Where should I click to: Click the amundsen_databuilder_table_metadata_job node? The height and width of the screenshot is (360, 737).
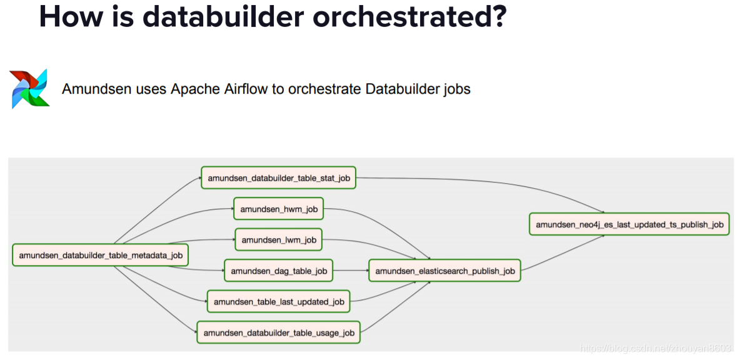100,255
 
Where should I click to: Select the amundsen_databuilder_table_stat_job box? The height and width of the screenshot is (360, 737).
279,177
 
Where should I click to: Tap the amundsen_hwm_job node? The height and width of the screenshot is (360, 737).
278,209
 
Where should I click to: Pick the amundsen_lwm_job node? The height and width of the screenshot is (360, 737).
279,239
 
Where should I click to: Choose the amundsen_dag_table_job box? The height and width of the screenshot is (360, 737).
278,271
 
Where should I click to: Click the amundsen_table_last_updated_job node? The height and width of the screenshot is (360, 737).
279,301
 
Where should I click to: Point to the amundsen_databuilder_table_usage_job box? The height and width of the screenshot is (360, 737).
279,332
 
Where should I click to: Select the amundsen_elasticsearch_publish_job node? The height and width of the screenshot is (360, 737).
444,271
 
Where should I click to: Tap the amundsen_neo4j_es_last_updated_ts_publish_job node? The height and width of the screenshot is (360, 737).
629,224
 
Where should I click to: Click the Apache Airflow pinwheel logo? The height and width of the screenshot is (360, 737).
29,89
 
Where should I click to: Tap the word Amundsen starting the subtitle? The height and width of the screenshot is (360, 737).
96,89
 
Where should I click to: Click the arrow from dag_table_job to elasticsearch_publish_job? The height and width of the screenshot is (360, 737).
350,271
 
